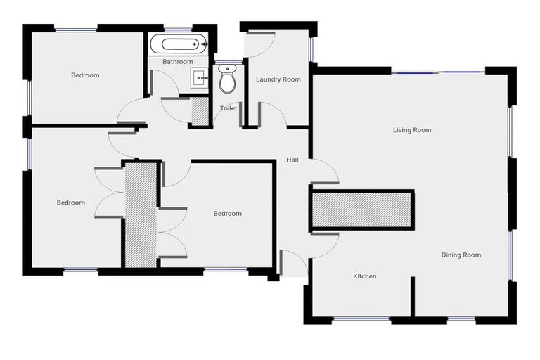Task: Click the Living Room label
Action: pos(412,130)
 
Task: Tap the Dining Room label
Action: pos(461,255)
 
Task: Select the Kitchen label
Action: pos(364,276)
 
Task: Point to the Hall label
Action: pos(292,160)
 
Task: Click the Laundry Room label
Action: pos(278,79)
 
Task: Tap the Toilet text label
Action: pos(229,108)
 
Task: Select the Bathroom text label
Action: pos(177,62)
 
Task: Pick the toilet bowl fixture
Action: pos(227,81)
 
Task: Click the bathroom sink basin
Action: pos(200,77)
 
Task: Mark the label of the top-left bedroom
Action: pos(85,75)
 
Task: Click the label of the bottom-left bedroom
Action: pos(71,202)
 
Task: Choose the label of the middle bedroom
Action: pos(227,214)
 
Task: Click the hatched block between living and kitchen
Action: pos(361,210)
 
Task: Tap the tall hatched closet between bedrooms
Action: pos(140,214)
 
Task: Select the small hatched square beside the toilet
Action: pos(200,112)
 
